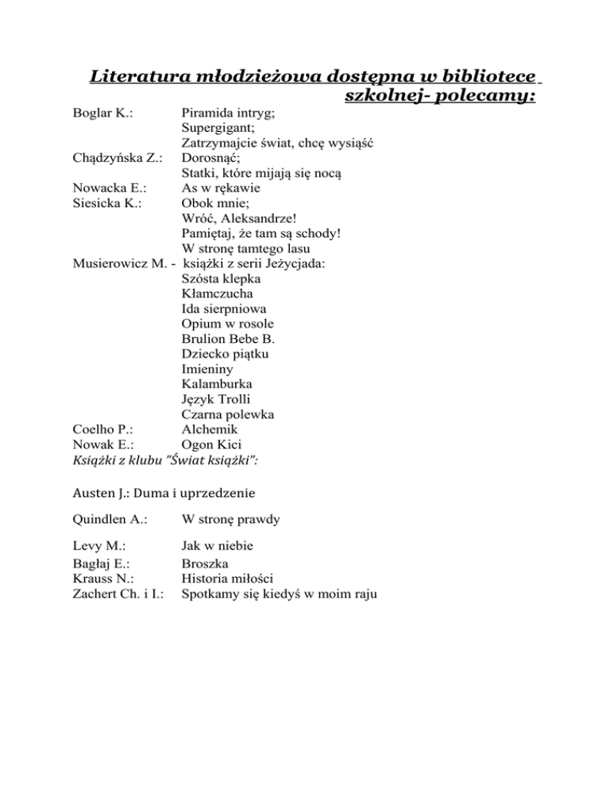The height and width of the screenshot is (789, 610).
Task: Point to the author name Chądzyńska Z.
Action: click(118, 158)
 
